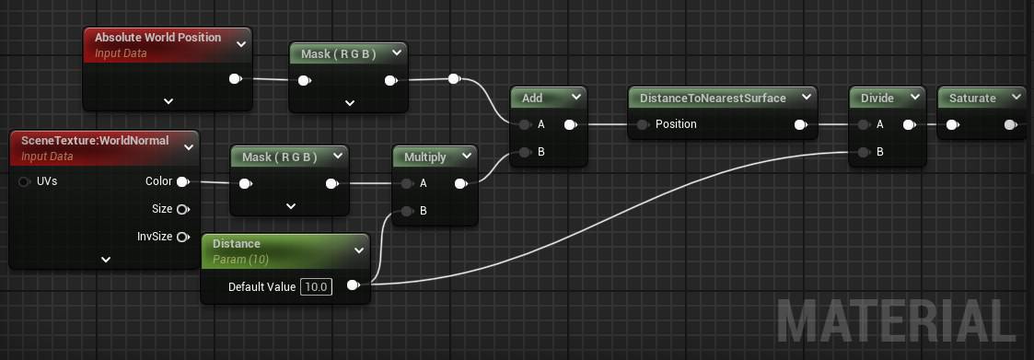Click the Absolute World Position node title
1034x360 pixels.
pyautogui.click(x=157, y=38)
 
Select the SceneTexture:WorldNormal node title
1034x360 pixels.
pyautogui.click(x=95, y=141)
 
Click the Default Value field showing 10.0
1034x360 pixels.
pyautogui.click(x=316, y=287)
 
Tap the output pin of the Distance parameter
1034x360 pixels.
pyautogui.click(x=353, y=285)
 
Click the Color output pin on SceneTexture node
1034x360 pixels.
pyautogui.click(x=182, y=181)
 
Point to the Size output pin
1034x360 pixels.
pyautogui.click(x=182, y=209)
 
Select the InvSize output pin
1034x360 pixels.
pyautogui.click(x=182, y=237)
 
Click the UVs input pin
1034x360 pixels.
pyautogui.click(x=25, y=181)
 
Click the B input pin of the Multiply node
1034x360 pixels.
pyautogui.click(x=406, y=212)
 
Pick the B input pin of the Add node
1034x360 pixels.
pyautogui.click(x=524, y=152)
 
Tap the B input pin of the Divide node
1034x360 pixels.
pyautogui.click(x=863, y=152)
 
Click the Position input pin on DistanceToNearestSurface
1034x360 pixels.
pyautogui.click(x=643, y=124)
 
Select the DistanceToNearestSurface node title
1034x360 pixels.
pyautogui.click(x=713, y=99)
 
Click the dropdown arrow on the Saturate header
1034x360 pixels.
pyautogui.click(x=1016, y=99)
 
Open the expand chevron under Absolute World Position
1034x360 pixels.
pyautogui.click(x=168, y=101)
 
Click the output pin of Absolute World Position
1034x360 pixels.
pyautogui.click(x=235, y=79)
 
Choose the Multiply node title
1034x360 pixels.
pyautogui.click(x=424, y=157)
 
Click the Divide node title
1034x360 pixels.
pyautogui.click(x=877, y=99)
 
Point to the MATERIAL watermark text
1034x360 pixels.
pyautogui.click(x=896, y=321)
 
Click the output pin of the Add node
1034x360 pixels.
pyautogui.click(x=571, y=124)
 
